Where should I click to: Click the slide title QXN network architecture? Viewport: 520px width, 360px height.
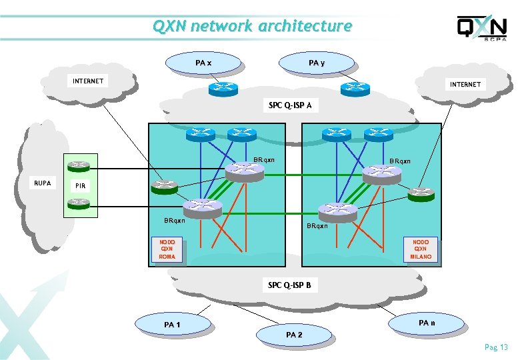[x=251, y=26]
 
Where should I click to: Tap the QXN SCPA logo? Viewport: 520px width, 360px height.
[x=482, y=29]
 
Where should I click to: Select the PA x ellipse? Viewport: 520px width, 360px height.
[x=204, y=63]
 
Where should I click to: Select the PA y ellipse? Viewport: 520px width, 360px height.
[x=317, y=63]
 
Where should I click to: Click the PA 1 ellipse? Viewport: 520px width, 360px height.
[x=172, y=324]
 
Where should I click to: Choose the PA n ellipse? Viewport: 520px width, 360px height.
[x=427, y=323]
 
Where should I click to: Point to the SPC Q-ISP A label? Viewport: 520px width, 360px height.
[x=290, y=105]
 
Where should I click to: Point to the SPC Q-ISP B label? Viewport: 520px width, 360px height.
[x=290, y=285]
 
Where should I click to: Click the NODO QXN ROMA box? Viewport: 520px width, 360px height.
[x=167, y=249]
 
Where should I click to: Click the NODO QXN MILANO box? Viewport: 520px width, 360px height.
[x=421, y=249]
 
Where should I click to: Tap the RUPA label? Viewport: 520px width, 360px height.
[x=43, y=183]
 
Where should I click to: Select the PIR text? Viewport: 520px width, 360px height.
[x=80, y=185]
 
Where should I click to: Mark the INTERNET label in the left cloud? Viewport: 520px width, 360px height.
[x=88, y=81]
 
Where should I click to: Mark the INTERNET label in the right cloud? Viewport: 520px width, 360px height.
[x=465, y=84]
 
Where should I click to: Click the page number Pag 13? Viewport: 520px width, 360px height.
[x=496, y=347]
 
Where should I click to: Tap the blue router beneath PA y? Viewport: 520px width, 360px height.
[x=355, y=88]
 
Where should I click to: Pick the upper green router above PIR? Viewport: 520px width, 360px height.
[x=80, y=164]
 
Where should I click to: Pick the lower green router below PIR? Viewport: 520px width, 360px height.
[x=80, y=202]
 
